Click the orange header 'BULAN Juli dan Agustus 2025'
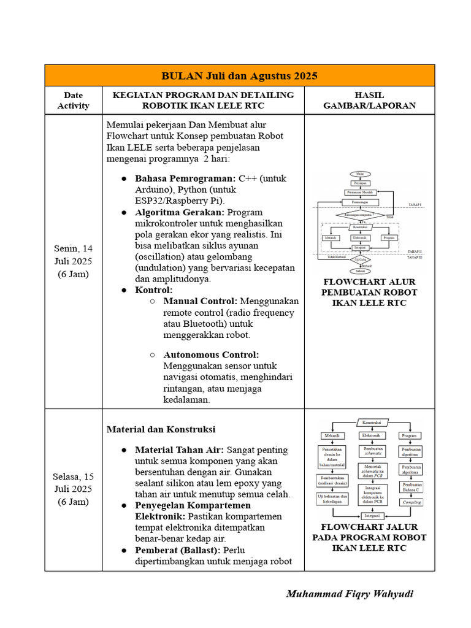pos(239,76)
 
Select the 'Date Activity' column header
pos(74,100)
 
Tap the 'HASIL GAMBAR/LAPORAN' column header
pos(369,100)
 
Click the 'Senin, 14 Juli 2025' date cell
pos(74,261)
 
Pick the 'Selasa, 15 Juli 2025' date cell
pos(74,489)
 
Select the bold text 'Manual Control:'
pos(200,301)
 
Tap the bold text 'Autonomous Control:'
pos(211,354)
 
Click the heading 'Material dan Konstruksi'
pos(161,429)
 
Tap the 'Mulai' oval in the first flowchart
pos(360,174)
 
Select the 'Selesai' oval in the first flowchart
pos(360,270)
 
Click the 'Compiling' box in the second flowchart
pos(411,502)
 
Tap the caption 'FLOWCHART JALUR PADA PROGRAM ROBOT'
pos(369,532)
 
